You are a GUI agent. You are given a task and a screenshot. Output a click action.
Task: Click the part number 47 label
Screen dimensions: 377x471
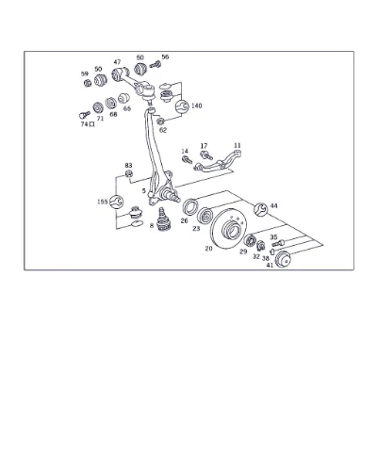(x=117, y=62)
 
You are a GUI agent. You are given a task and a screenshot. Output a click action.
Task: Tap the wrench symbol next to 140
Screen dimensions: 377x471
(x=182, y=106)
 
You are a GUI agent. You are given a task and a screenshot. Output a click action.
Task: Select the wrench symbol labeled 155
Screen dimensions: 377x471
(x=116, y=202)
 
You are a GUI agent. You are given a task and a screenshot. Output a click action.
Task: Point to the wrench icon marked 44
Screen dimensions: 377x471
(x=261, y=209)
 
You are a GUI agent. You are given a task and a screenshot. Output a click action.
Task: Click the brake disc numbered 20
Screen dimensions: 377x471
(x=228, y=228)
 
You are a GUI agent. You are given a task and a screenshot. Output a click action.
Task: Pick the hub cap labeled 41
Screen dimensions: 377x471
(x=283, y=259)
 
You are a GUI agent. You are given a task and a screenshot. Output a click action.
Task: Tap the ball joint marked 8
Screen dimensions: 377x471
(x=163, y=220)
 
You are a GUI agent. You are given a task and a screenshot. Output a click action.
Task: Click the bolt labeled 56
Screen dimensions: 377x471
(x=156, y=65)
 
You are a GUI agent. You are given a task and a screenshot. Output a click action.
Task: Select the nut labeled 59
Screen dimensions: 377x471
(x=88, y=83)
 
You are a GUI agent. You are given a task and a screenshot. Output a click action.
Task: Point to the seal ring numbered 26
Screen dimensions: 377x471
(x=190, y=207)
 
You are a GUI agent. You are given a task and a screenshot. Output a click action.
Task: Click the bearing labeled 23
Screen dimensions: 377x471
(x=205, y=216)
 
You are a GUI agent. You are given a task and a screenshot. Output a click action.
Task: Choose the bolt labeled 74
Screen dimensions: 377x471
(x=85, y=114)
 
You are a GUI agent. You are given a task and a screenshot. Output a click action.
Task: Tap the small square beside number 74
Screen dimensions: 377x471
(x=91, y=124)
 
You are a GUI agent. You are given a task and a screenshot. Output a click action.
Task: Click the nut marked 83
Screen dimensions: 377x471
(x=129, y=173)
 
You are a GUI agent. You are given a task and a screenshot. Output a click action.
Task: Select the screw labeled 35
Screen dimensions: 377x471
(x=278, y=243)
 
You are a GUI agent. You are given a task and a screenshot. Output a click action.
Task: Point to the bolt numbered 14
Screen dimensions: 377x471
(x=188, y=160)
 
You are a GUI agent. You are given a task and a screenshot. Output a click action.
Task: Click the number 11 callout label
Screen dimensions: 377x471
(x=238, y=145)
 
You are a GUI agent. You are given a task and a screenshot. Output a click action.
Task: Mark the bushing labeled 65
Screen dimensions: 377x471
(x=123, y=98)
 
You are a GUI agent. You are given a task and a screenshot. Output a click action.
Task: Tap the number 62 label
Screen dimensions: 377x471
(x=163, y=130)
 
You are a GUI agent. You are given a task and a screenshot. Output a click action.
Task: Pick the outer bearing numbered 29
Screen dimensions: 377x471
(x=250, y=240)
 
